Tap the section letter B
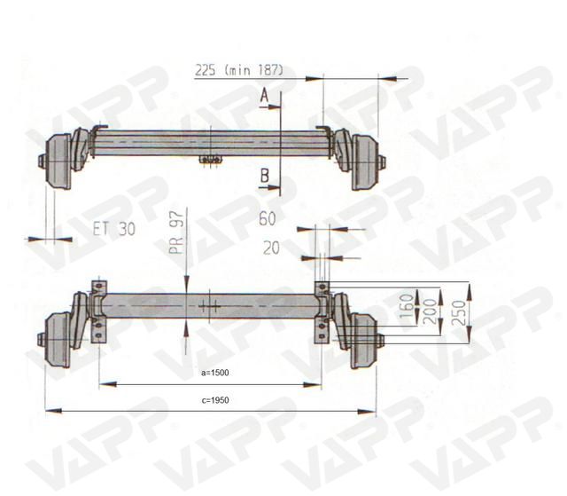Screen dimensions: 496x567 [265, 177]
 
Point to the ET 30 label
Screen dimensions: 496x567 [113, 228]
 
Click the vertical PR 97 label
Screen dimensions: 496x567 [175, 232]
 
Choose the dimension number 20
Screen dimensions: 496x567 [270, 248]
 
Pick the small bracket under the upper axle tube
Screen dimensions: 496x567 [211, 160]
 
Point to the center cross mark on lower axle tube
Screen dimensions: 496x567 [211, 306]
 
